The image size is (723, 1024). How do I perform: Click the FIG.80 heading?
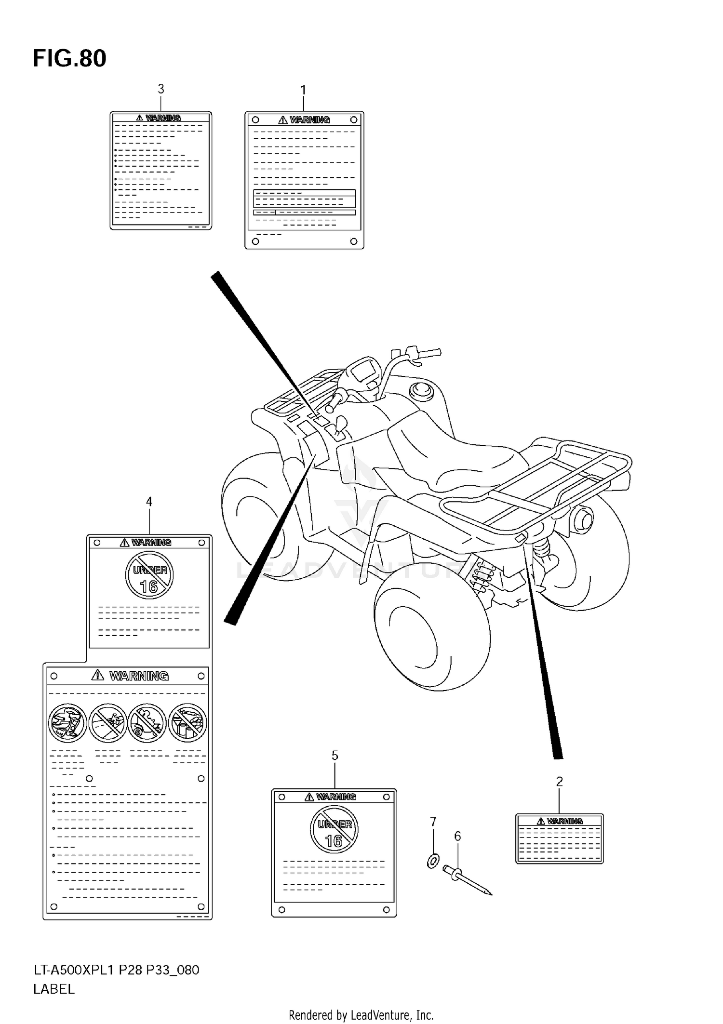69,58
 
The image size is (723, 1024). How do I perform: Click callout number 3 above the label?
161,89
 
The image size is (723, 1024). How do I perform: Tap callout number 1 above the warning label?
303,90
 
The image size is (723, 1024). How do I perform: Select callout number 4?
149,502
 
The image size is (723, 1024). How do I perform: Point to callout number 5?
335,756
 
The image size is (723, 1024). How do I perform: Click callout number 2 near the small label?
559,782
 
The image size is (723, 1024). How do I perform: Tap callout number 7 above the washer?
433,821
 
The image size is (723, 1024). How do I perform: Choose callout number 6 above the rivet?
457,836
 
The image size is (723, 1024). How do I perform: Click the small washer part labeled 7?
433,860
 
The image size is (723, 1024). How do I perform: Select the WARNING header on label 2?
560,821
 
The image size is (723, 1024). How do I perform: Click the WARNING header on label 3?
159,118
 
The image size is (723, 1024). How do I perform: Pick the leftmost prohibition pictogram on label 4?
68,723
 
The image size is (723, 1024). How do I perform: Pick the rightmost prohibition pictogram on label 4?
188,723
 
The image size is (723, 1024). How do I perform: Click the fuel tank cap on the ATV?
421,389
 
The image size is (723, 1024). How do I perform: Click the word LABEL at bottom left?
54,989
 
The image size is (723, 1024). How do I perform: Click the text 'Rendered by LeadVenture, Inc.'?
361,1015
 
